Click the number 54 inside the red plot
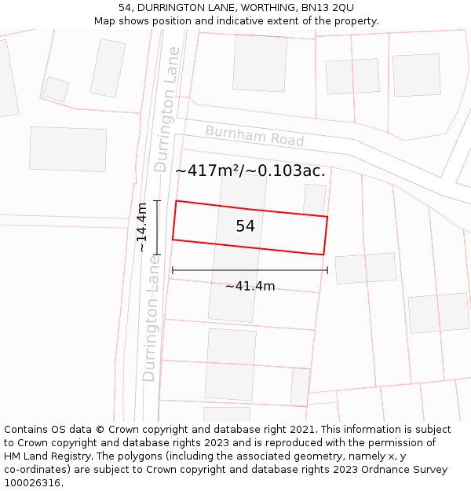(245, 226)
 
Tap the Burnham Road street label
(254, 136)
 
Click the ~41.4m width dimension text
(250, 286)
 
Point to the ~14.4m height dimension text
(141, 227)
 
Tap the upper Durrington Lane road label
(167, 109)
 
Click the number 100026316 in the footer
(33, 483)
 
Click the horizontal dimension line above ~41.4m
(250, 270)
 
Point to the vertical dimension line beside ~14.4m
(157, 227)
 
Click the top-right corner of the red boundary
(327, 217)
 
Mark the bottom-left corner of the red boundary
(173, 239)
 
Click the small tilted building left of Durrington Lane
(56, 89)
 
